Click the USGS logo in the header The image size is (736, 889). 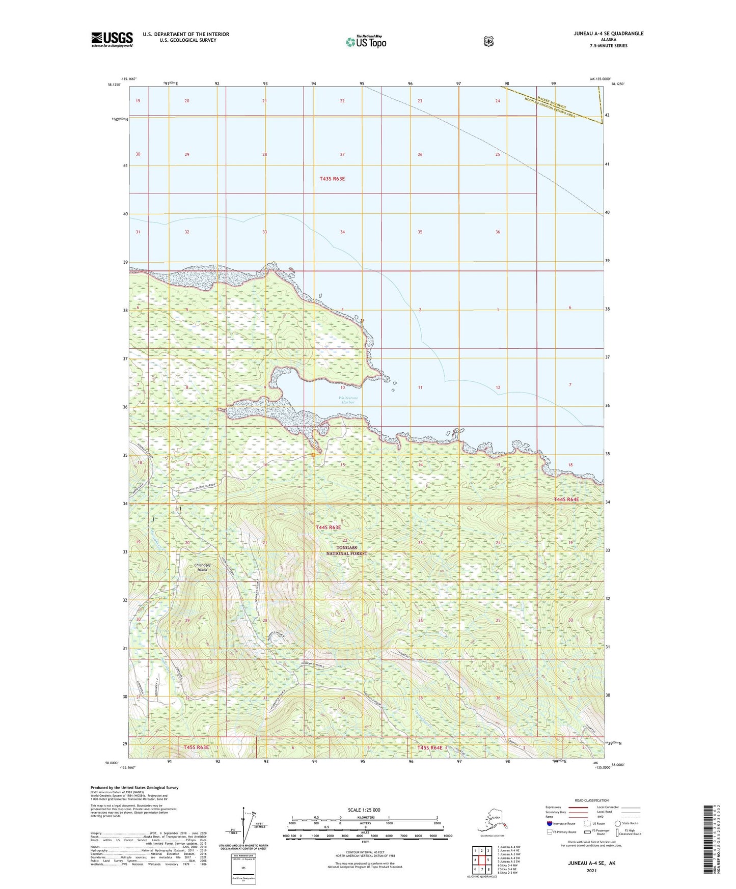click(x=112, y=39)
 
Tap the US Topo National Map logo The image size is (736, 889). click(x=366, y=42)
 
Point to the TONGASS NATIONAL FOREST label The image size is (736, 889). click(x=346, y=550)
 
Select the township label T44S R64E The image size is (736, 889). click(x=566, y=499)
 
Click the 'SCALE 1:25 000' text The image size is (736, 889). click(x=364, y=810)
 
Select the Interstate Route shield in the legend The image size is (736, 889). click(x=549, y=823)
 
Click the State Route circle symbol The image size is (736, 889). click(x=617, y=823)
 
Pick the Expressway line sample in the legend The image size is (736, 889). click(x=578, y=807)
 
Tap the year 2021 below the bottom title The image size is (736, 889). click(x=591, y=870)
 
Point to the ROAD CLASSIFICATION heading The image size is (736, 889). click(x=591, y=800)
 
